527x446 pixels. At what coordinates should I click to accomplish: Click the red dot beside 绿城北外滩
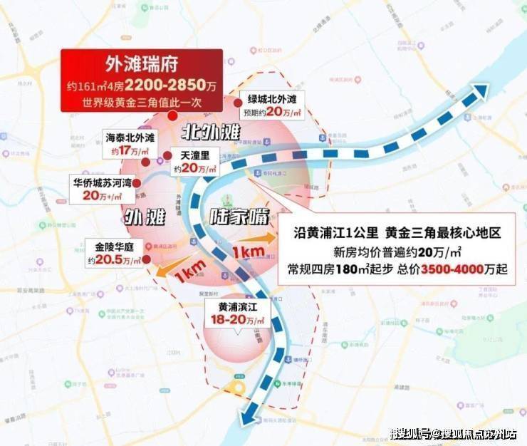238,103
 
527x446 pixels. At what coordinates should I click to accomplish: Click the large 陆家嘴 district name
239,217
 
